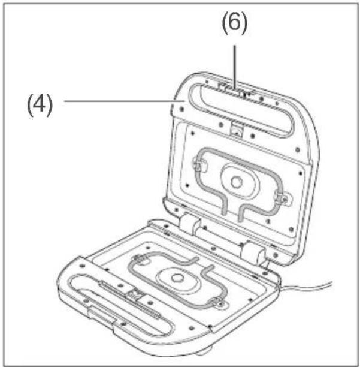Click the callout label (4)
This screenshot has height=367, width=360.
40,106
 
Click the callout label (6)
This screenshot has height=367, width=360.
234,23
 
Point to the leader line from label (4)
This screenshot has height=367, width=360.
125,101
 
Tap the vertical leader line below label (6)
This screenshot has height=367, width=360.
234,67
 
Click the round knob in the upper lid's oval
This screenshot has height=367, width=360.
237,182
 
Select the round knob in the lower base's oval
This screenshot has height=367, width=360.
177,278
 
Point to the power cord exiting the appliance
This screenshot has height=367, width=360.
306,286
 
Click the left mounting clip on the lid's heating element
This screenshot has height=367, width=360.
199,164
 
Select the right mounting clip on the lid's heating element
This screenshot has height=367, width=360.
282,197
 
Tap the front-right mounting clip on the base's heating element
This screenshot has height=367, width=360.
218,303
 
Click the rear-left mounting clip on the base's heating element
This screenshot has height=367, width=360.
141,260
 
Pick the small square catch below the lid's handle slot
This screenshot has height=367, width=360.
237,129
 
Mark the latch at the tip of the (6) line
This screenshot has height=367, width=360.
243,92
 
